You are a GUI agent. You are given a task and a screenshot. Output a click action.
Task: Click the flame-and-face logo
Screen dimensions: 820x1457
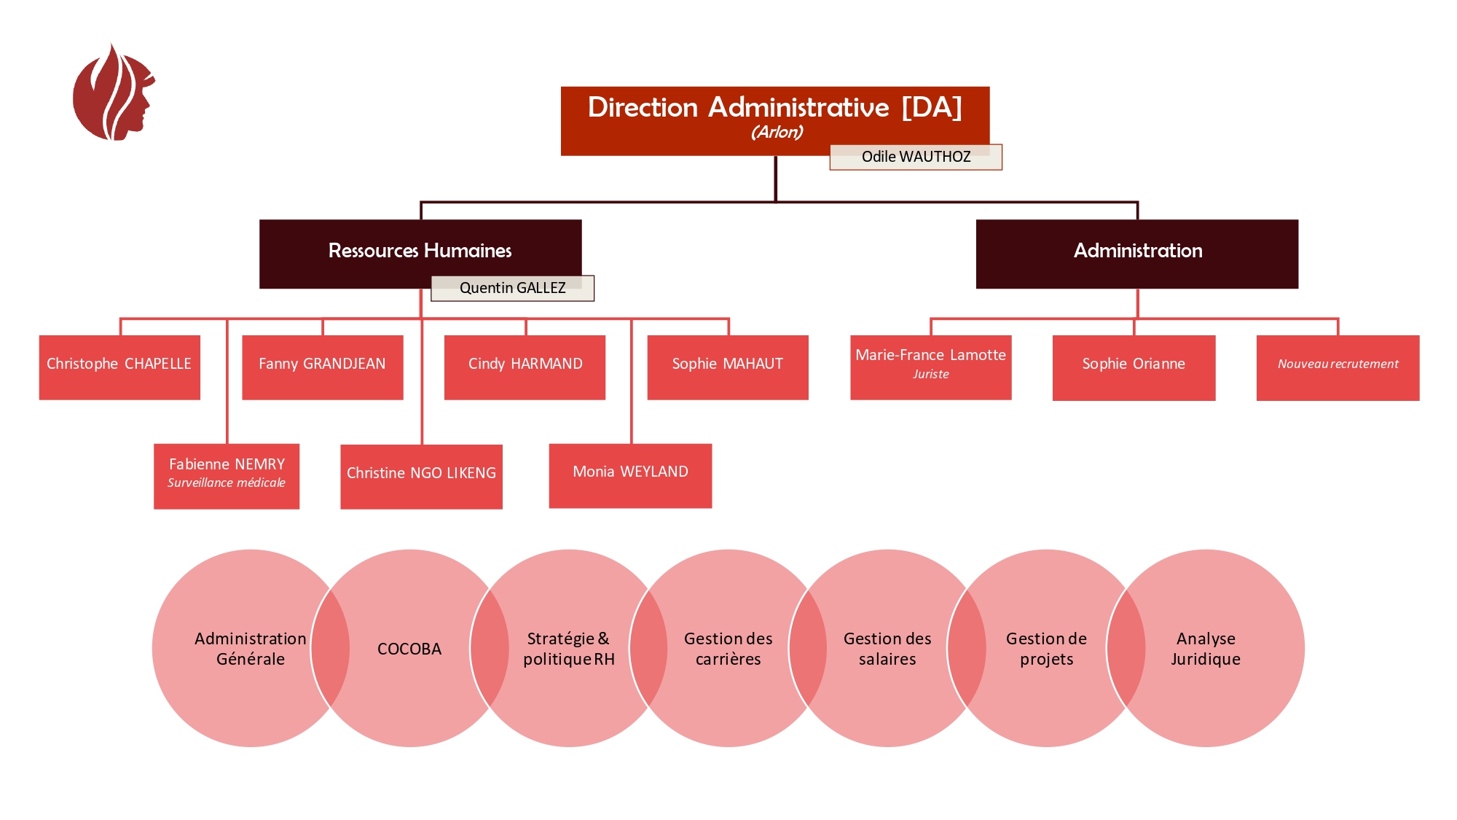pos(114,93)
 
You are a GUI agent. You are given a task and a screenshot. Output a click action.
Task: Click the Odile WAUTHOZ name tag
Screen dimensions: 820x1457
pos(916,157)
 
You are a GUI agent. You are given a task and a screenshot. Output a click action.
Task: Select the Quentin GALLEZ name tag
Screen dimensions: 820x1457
pos(512,288)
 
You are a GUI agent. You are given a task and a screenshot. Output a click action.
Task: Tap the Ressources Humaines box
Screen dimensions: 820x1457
pos(420,251)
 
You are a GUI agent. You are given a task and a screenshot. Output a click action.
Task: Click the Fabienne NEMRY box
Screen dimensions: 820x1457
pos(227,473)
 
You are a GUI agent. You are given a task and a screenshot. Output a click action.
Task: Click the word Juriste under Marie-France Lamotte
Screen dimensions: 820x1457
pos(931,375)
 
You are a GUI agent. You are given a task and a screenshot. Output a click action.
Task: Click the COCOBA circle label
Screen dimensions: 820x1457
pos(409,649)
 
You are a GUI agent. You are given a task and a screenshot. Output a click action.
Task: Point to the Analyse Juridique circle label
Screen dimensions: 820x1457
pos(1206,649)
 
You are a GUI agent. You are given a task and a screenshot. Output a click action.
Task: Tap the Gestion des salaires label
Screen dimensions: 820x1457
pos(887,649)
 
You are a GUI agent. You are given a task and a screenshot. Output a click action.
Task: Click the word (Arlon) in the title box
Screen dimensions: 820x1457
pos(777,133)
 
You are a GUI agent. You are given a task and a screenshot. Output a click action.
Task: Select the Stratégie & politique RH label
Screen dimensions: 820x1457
pos(569,649)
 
